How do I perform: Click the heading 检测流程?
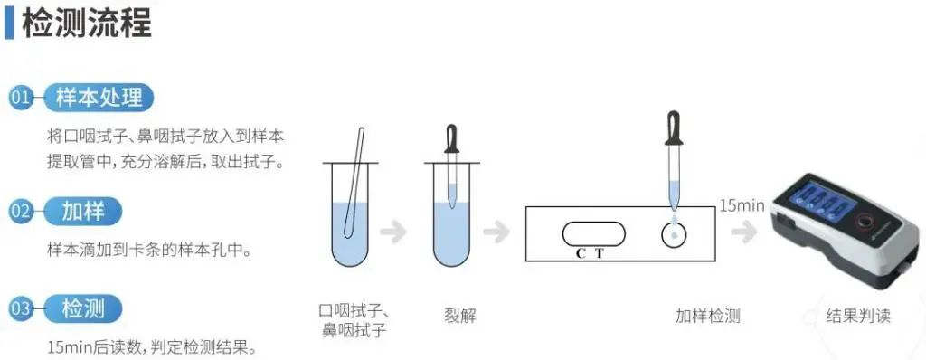87,23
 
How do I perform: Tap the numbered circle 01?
21,98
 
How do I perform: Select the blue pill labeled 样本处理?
99,98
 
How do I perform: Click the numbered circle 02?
21,211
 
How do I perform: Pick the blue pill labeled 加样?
83,211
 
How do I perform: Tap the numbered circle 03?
21,308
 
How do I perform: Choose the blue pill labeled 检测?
83,308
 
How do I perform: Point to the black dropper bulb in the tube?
452,139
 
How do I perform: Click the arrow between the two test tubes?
393,232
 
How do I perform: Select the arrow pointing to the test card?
496,232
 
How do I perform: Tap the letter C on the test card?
581,253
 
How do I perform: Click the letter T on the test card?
600,253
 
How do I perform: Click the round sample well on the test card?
674,234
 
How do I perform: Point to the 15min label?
742,205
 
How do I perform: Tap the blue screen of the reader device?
822,202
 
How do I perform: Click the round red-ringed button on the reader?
867,223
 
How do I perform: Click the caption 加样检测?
707,316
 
